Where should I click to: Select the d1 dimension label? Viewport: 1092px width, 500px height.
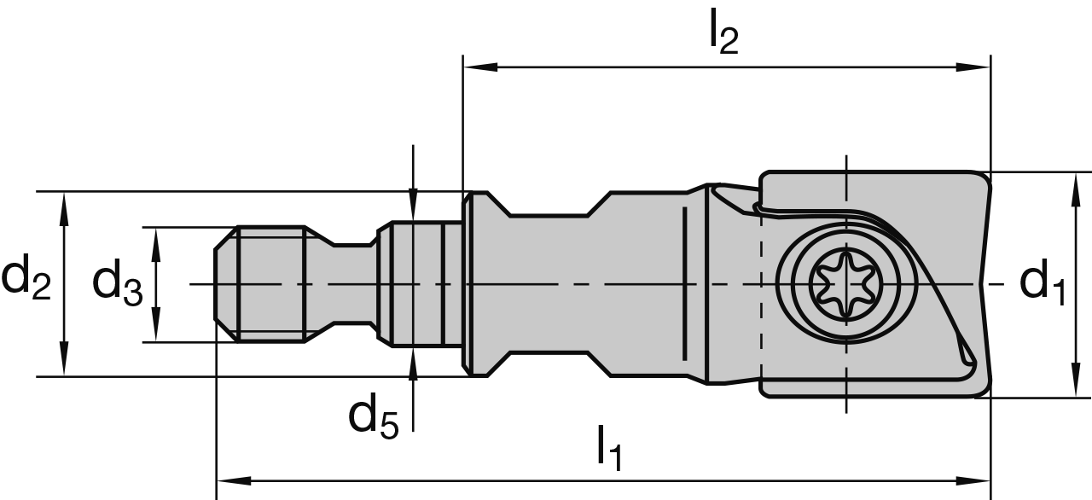point(1043,282)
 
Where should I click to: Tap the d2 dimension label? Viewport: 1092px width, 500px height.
point(26,282)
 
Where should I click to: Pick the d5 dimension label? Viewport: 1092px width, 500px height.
point(373,416)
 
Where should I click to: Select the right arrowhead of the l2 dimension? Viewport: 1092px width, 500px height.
point(978,66)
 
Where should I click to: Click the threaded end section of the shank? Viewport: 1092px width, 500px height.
point(270,284)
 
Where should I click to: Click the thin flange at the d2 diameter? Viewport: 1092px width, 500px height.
point(468,284)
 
